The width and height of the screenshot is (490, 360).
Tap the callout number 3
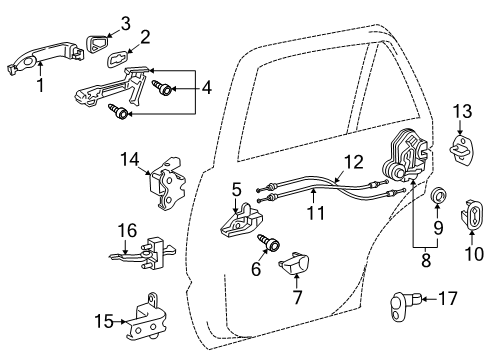coord(125,22)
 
